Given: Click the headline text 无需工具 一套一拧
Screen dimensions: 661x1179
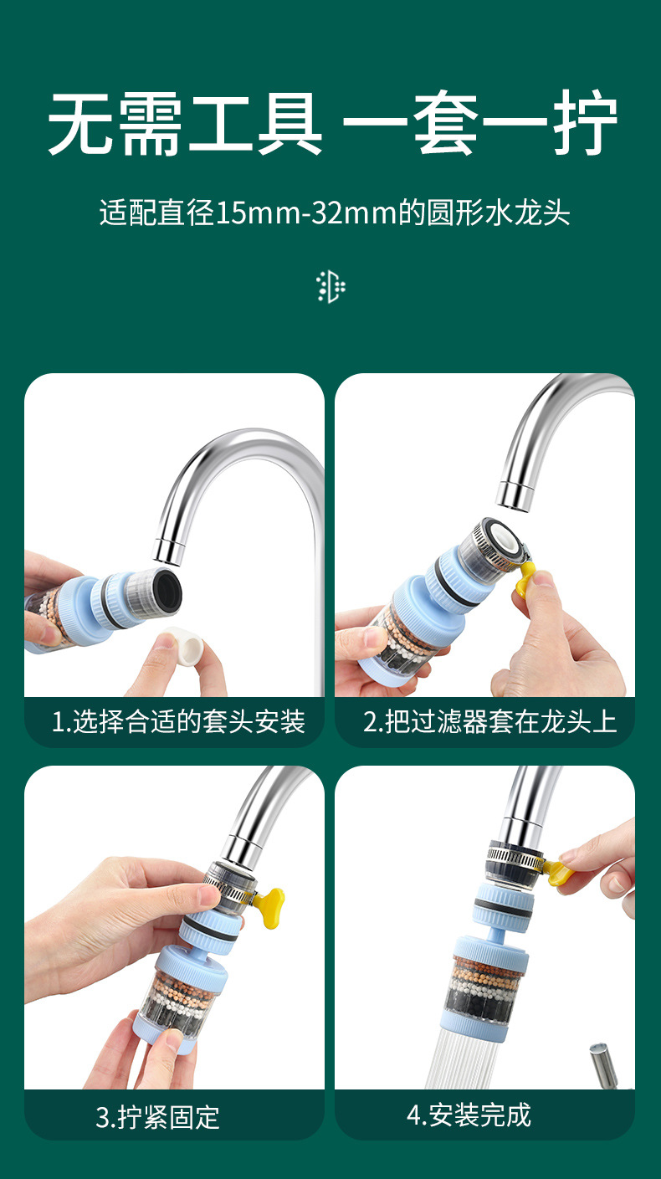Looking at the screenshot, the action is (x=332, y=124).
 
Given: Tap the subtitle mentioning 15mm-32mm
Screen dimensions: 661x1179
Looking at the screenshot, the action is (x=335, y=213).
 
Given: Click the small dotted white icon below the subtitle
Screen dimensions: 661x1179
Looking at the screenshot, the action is (x=330, y=287).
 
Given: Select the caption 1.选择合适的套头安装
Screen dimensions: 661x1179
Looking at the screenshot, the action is (x=178, y=721).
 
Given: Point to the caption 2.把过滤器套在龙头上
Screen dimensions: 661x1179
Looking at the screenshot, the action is (x=489, y=721).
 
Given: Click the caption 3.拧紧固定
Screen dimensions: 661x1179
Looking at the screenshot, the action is (x=157, y=1117).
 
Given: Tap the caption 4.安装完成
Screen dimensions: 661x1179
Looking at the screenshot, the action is (x=469, y=1115).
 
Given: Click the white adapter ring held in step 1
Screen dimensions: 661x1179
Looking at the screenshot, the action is (x=184, y=646).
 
